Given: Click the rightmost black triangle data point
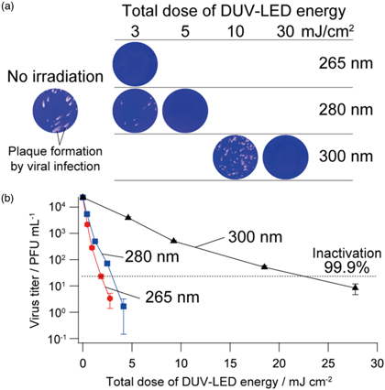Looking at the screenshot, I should (356, 287).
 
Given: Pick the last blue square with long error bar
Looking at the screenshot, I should (124, 305).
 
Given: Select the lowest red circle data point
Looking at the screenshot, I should (110, 298).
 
